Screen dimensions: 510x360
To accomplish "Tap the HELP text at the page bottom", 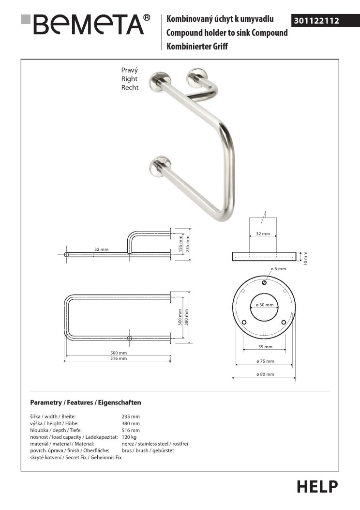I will click(317, 486).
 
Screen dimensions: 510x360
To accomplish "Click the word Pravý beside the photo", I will click(129, 70).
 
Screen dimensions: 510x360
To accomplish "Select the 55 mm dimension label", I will click(265, 347).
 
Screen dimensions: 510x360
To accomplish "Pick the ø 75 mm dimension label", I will click(265, 361).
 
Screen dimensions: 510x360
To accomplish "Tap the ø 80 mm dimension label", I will click(265, 374).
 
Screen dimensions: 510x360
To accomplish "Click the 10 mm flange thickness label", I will click(305, 258).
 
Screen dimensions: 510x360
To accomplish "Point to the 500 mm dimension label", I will click(119, 353).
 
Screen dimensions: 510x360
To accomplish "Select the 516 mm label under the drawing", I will click(119, 359).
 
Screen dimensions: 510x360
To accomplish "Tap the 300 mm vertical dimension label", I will click(180, 317).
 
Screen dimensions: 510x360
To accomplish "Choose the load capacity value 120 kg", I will click(130, 437).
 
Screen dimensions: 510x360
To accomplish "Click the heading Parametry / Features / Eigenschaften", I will click(85, 402).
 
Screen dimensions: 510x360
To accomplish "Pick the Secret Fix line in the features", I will click(76, 457).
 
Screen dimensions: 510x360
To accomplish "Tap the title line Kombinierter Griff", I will click(197, 46).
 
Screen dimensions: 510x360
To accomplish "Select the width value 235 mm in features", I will click(131, 417).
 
